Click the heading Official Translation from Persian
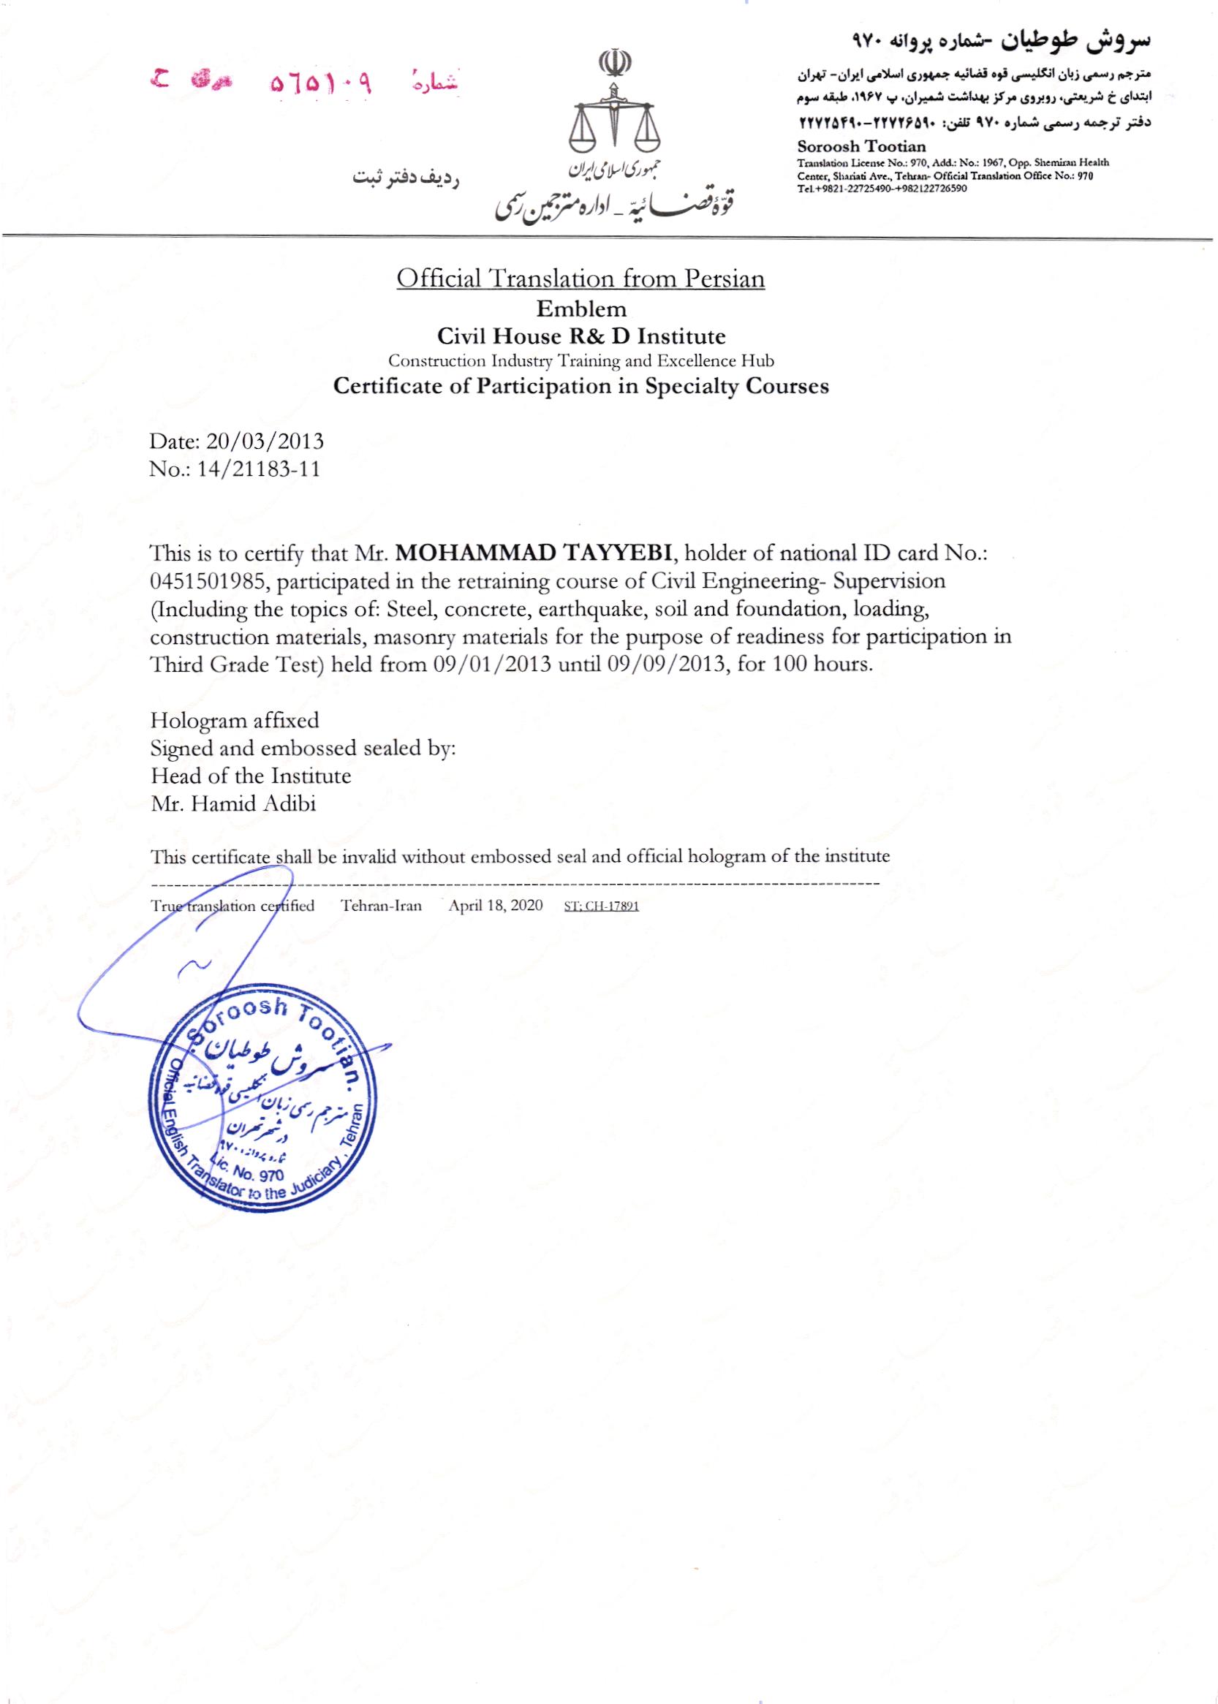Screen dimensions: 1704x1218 [580, 279]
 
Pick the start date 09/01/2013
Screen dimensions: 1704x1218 [493, 665]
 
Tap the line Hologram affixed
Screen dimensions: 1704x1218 [235, 721]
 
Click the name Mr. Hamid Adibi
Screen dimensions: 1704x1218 [233, 804]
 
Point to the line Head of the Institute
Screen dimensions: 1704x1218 [251, 776]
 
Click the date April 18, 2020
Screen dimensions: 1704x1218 [495, 905]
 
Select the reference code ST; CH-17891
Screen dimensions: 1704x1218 [601, 906]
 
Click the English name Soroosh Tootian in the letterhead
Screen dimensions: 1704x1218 [862, 146]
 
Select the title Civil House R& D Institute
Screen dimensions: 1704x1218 [581, 335]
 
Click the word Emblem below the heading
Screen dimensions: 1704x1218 [581, 308]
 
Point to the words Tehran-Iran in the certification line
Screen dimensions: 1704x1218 [381, 905]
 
